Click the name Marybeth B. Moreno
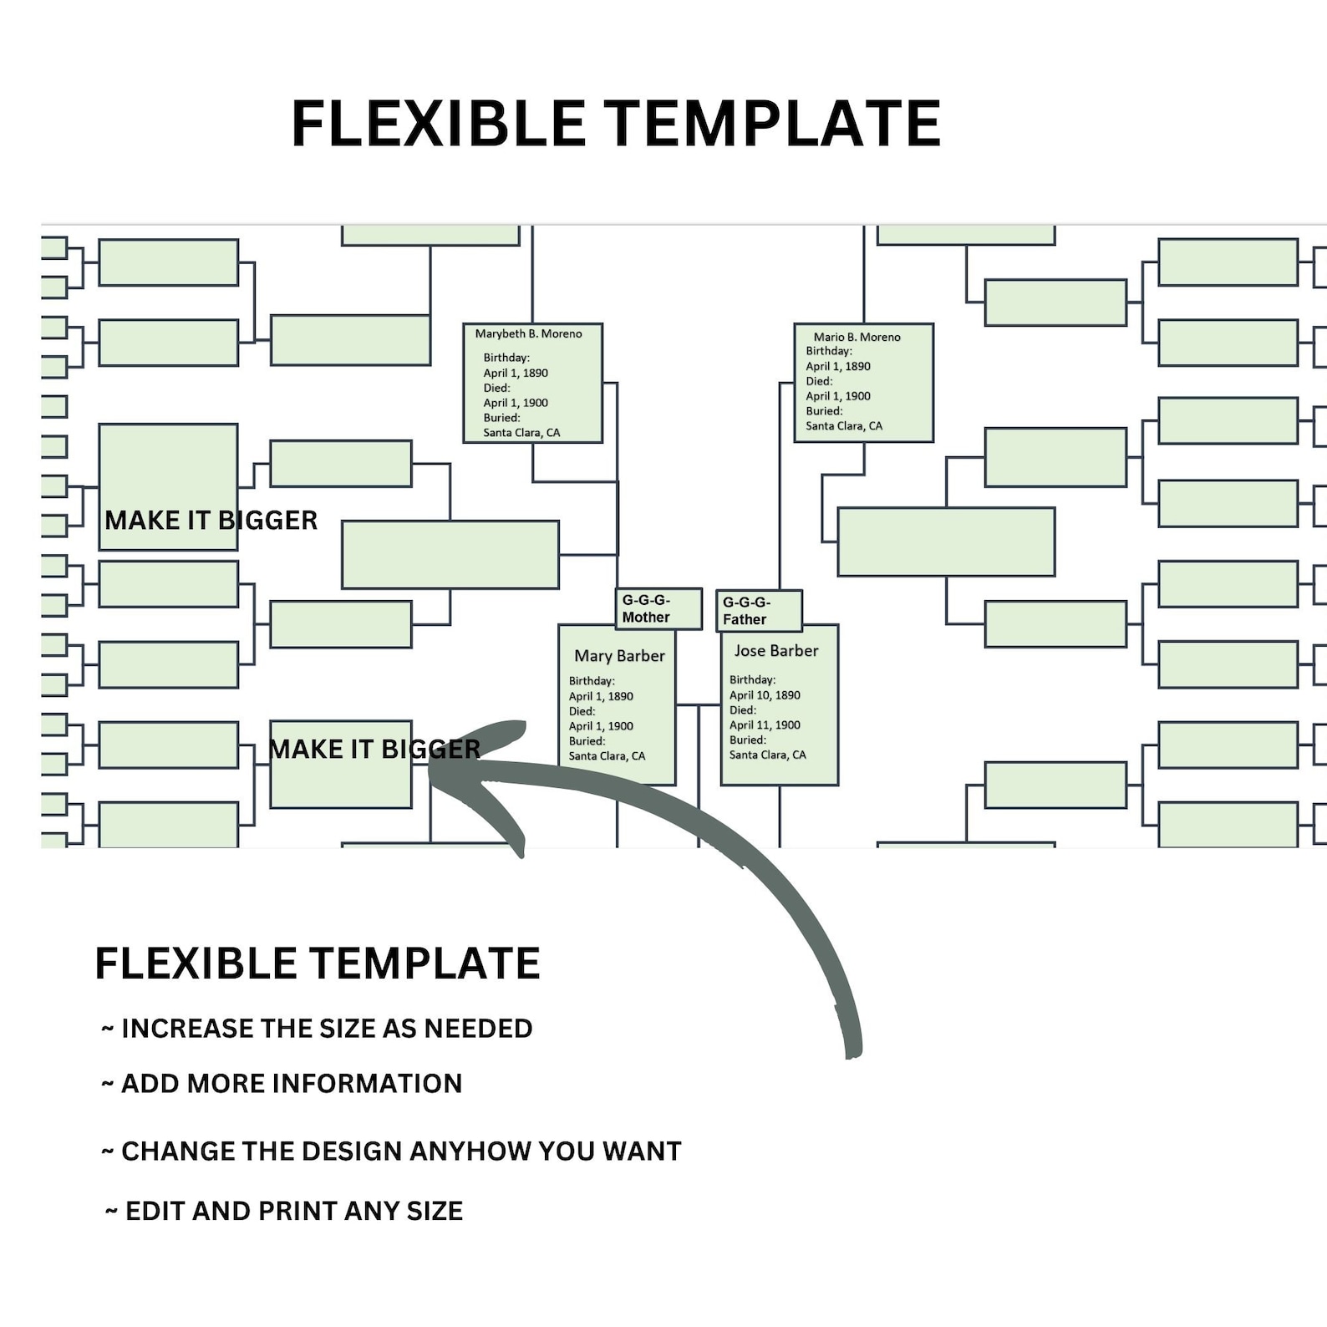pos(528,334)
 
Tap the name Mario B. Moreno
pos(857,338)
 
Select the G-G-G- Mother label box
pos(658,609)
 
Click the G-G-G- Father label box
pos(758,611)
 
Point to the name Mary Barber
pos(619,657)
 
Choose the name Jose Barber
pos(775,651)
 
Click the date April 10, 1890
pos(765,695)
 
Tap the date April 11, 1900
pos(765,725)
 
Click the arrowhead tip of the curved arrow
pos(431,770)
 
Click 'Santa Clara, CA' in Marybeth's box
pos(521,433)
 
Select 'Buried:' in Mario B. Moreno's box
pos(824,411)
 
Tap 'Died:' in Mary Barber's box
pos(582,711)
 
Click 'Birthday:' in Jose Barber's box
pos(752,680)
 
